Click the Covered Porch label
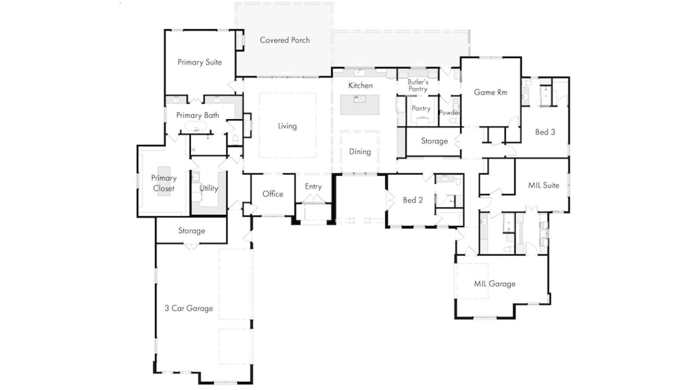285,40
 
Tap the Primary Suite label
200,62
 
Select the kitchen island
360,105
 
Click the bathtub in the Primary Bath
196,127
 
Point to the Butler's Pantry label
418,85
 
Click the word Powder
449,113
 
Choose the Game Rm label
490,92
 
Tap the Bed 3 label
545,132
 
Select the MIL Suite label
543,185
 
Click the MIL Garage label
494,284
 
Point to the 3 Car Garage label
189,309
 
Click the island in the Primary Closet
164,181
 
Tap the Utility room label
209,188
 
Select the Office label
273,194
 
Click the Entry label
313,187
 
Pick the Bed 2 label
412,200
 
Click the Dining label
360,152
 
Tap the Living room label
287,126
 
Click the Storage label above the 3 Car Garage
191,231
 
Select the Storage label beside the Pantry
434,141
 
